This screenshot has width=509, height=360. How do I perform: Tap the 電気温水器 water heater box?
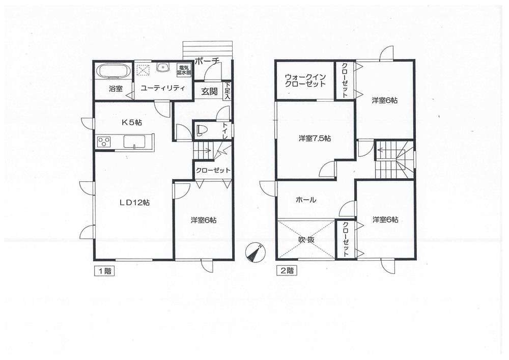pyautogui.click(x=184, y=70)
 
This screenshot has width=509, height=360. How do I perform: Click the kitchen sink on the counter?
pyautogui.click(x=134, y=142)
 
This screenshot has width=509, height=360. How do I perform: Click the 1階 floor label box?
pyautogui.click(x=103, y=271)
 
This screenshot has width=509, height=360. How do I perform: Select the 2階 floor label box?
pyautogui.click(x=286, y=271)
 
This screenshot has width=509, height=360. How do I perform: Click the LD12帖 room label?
pyautogui.click(x=134, y=202)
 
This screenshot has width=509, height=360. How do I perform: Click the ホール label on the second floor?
pyautogui.click(x=306, y=200)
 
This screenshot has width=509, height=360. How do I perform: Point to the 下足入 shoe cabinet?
pyautogui.click(x=228, y=90)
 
